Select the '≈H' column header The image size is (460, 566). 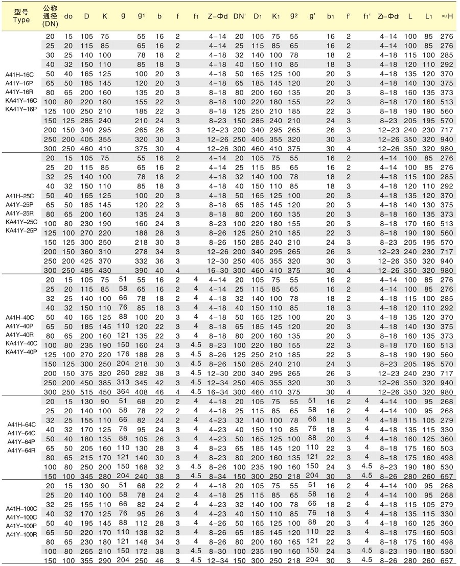[447, 16]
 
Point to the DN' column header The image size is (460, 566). [240, 16]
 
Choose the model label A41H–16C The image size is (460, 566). [19, 74]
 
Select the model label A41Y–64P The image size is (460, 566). [21, 441]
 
